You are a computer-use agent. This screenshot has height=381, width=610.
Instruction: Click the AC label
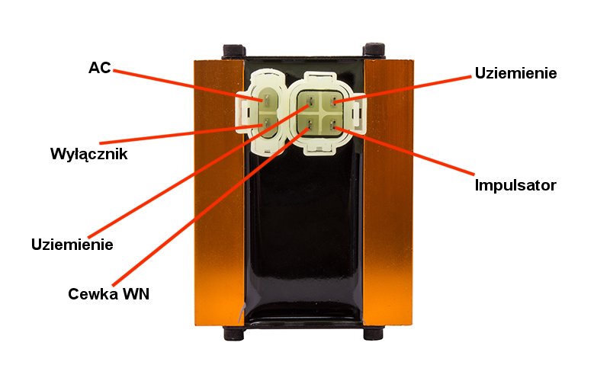click(99, 68)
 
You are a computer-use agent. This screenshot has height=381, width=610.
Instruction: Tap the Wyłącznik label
click(88, 154)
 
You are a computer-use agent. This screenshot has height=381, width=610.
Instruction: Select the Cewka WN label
click(108, 293)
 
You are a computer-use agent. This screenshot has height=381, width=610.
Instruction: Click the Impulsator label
click(515, 184)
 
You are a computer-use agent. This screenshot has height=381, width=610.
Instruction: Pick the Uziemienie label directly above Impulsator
click(516, 74)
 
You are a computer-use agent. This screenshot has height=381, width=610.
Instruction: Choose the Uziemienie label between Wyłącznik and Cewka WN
click(72, 245)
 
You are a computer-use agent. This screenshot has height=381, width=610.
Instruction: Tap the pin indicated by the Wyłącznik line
click(266, 126)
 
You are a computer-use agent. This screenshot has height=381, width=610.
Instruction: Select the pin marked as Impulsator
click(333, 127)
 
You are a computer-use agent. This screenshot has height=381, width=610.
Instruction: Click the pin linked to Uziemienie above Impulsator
click(333, 101)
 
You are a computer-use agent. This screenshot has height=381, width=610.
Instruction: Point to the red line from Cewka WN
click(213, 206)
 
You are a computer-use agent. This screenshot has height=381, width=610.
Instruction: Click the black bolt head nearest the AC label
click(230, 51)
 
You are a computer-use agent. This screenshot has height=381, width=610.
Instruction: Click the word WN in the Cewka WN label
click(134, 293)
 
